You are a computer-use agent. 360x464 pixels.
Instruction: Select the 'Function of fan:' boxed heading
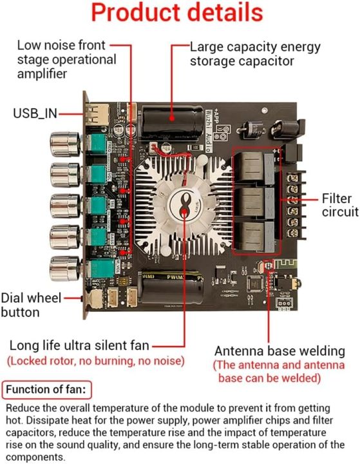coord(47,390)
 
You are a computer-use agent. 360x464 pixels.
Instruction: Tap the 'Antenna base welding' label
coord(279,351)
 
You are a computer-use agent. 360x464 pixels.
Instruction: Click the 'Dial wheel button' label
coord(31,305)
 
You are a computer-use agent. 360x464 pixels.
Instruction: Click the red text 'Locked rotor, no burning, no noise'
coord(96,360)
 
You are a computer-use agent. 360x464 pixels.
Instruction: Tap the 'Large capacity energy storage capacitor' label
coord(242,54)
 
